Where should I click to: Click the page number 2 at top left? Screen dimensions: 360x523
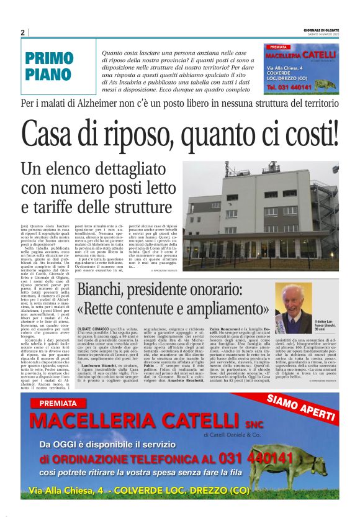(22, 32)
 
